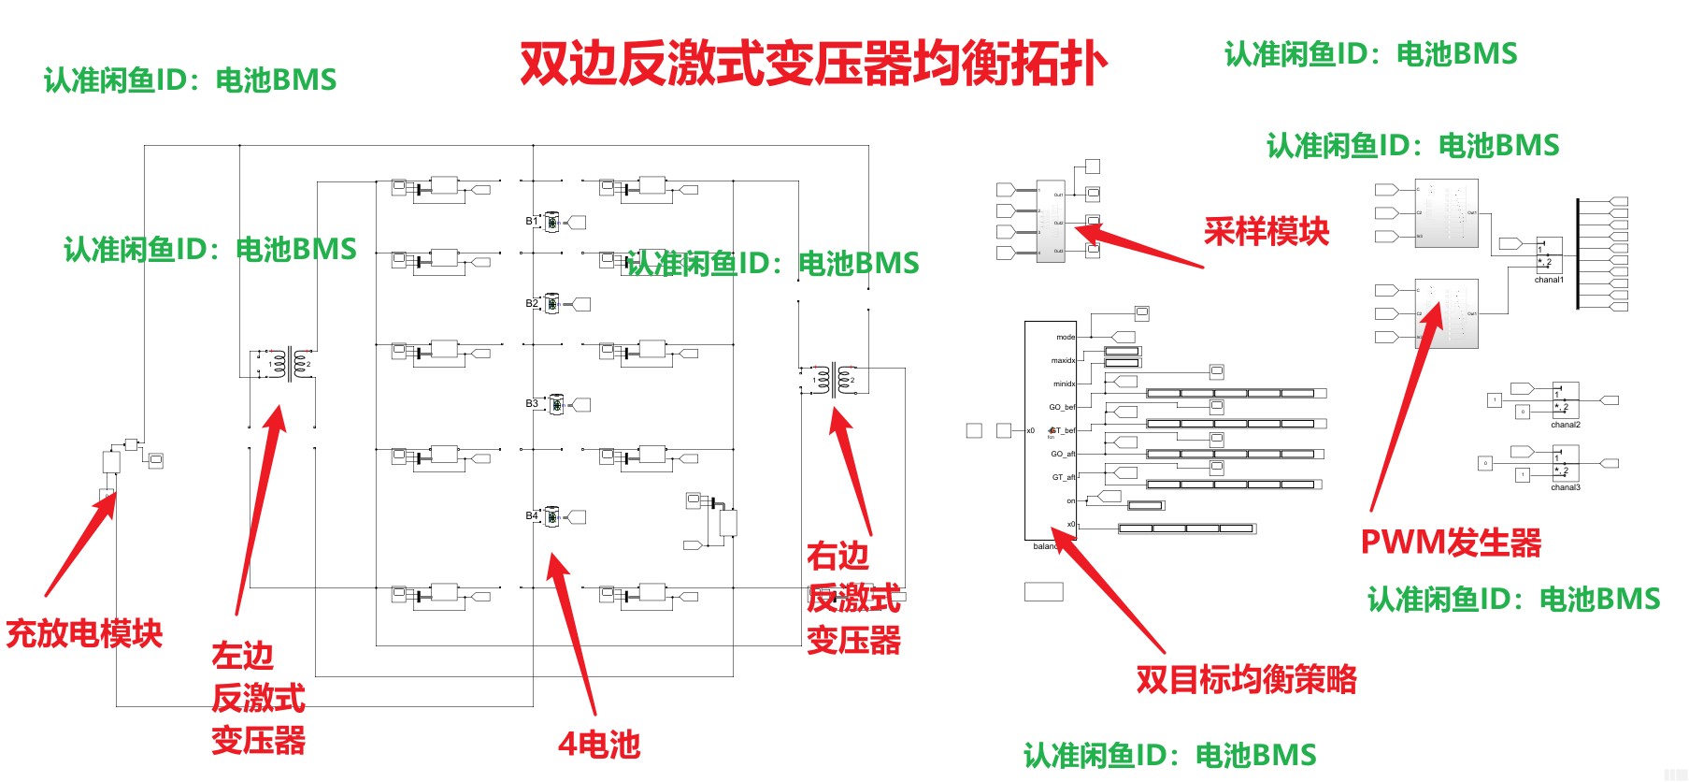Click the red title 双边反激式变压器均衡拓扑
(x=813, y=64)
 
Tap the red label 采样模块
(x=1266, y=231)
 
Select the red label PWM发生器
(x=1450, y=543)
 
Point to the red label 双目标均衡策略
(x=1246, y=680)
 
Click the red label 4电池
(x=599, y=745)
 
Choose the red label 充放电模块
(x=84, y=633)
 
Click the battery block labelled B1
(x=552, y=223)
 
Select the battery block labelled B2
(x=552, y=304)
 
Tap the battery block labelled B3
(x=555, y=405)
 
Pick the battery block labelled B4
(x=552, y=516)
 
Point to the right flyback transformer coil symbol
(x=834, y=379)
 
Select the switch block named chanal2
(x=1566, y=400)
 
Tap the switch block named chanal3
(x=1566, y=463)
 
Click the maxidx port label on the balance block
(x=1063, y=360)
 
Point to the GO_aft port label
(x=1063, y=454)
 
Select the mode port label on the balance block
(x=1066, y=337)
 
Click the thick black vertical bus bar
(x=1578, y=253)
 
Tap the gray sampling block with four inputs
(x=1051, y=222)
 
